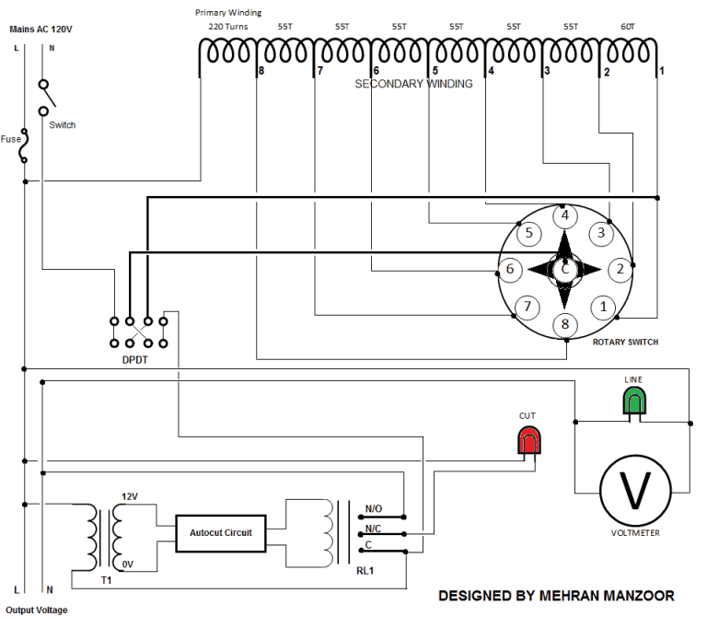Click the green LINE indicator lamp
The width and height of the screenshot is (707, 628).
point(633,401)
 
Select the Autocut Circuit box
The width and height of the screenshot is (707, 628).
point(221,532)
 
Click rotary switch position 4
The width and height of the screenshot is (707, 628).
point(564,216)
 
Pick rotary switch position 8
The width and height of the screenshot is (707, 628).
point(564,324)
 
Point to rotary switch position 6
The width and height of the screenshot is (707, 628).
point(509,270)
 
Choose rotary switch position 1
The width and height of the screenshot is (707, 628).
point(604,307)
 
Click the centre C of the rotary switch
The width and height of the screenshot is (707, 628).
point(565,270)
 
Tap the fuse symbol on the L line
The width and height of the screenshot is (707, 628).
point(25,145)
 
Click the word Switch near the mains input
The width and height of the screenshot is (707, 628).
point(63,125)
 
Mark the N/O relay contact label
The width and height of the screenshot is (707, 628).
point(374,508)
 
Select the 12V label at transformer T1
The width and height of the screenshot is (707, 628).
point(130,496)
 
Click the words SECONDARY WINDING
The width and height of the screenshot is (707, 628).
point(413,84)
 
